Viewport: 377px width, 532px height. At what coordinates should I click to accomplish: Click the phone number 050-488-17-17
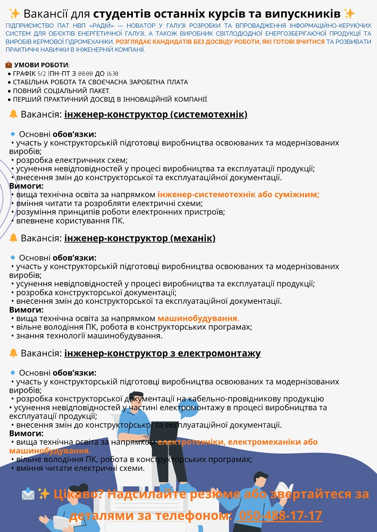click(280, 516)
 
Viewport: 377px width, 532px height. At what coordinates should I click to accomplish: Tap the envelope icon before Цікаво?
click(28, 494)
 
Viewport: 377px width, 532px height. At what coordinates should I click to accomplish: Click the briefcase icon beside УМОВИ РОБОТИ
click(9, 65)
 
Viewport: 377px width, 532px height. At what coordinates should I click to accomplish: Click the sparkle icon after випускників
click(349, 13)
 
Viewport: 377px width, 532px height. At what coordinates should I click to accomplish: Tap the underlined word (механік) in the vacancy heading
click(192, 238)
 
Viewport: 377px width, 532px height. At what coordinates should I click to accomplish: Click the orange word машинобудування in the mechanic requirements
click(197, 318)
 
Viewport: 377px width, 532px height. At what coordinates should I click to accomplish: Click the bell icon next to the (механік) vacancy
click(13, 238)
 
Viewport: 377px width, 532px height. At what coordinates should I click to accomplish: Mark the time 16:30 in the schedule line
click(112, 73)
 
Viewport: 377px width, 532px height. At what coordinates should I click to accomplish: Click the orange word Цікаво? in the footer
click(79, 494)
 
